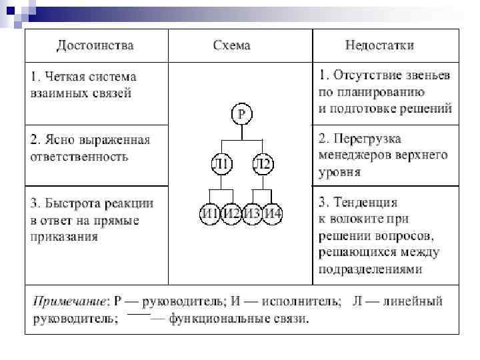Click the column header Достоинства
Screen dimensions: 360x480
coord(95,46)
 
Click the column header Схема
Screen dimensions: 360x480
coord(231,46)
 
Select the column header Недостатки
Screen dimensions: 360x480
coord(379,46)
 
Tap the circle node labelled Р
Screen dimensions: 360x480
coord(241,115)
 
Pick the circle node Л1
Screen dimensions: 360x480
coord(221,163)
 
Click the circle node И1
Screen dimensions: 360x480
coord(210,213)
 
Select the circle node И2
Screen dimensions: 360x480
coord(231,213)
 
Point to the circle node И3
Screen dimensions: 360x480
coord(252,213)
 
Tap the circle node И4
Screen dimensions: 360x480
coord(273,213)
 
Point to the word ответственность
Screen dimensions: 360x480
coord(79,157)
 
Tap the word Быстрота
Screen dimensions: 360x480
coord(69,203)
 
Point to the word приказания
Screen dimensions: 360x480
coord(64,236)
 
